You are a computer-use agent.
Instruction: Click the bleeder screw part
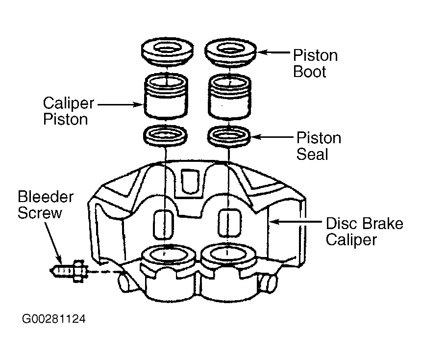(69, 271)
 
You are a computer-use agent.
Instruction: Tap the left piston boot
(167, 52)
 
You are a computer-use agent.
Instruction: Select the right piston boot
(230, 52)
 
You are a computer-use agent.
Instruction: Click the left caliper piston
(166, 97)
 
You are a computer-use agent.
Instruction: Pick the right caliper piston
(229, 97)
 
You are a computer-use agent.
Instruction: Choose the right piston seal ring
(229, 136)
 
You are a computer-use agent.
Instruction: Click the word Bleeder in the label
(46, 197)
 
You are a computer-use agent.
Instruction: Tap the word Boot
(310, 72)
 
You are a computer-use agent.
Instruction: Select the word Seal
(312, 154)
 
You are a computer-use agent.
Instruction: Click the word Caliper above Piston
(69, 103)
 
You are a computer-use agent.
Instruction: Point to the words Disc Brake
(364, 224)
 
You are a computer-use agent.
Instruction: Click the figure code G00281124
(54, 319)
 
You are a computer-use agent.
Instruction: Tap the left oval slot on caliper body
(163, 224)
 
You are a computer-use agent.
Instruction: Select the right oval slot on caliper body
(229, 223)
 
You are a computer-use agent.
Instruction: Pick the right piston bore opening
(228, 254)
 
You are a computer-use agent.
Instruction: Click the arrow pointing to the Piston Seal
(272, 137)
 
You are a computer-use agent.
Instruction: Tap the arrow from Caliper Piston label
(120, 104)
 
